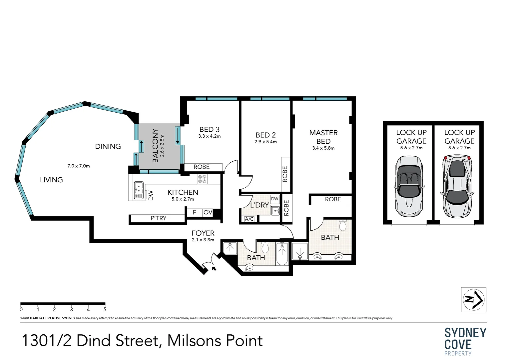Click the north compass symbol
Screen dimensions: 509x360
pos(474,300)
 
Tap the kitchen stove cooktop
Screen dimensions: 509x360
pos(202,179)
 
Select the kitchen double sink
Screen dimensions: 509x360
pos(139,190)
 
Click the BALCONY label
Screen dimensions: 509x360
pos(156,146)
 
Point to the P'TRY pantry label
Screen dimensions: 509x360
pos(159,218)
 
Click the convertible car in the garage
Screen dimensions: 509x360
pos(409,186)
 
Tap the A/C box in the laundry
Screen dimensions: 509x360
pos(249,219)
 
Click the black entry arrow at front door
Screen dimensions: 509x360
pos(214,268)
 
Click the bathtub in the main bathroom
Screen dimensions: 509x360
pos(282,254)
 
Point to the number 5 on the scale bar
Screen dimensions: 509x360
pos(105,309)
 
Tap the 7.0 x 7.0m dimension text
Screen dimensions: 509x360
pos(79,166)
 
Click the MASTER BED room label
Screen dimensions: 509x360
pos(323,137)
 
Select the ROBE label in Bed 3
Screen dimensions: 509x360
pos(202,167)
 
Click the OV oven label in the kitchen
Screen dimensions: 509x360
pos(208,212)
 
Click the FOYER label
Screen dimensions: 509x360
pos(203,233)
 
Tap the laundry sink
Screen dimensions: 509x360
pos(275,211)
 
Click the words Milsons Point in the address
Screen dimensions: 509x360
pos(215,341)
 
